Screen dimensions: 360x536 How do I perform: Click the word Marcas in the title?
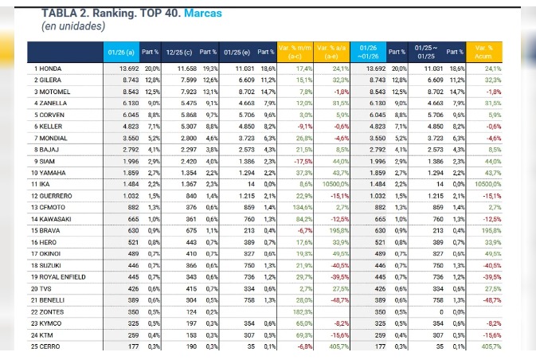click(x=204, y=14)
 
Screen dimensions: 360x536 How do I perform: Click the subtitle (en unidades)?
click(x=73, y=25)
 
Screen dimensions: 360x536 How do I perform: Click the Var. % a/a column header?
click(x=333, y=52)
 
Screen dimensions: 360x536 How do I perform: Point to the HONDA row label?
click(x=50, y=68)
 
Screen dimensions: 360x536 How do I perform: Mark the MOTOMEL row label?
click(x=55, y=92)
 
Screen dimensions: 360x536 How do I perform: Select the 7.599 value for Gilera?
click(x=183, y=80)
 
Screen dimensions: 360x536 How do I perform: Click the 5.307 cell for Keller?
click(x=183, y=126)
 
